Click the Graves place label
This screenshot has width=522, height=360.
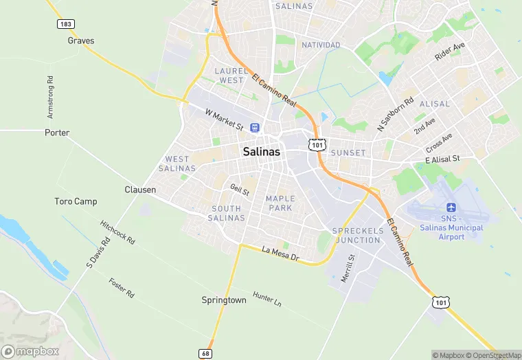click(80, 41)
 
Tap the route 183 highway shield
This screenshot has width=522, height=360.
click(66, 24)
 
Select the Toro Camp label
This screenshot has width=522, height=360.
click(76, 201)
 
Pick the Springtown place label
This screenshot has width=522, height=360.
click(223, 300)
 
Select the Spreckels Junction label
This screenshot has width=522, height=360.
click(356, 236)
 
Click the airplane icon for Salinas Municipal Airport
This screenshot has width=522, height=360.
click(451, 207)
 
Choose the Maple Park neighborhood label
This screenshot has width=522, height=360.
click(280, 203)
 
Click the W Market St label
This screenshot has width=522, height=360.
click(225, 119)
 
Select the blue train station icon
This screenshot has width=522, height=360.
click(255, 128)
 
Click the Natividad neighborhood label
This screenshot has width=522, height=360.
click(321, 45)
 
